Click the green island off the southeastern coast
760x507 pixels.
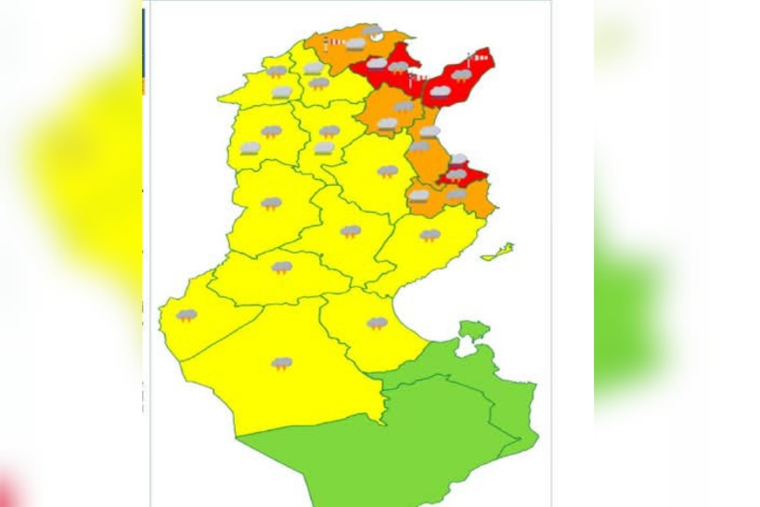(x=472, y=330)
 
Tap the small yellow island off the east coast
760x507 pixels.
(x=498, y=250)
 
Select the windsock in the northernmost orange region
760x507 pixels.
(x=331, y=43)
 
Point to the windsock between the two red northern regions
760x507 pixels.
(x=412, y=82)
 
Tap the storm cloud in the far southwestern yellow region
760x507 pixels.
(x=187, y=316)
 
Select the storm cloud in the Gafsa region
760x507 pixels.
(x=281, y=268)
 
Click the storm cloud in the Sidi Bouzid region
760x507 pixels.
(x=350, y=231)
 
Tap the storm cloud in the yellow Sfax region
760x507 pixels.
(x=430, y=235)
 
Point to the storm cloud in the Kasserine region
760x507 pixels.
(x=271, y=202)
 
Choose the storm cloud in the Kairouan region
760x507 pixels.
(x=388, y=171)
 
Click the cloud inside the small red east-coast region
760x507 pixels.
(x=457, y=174)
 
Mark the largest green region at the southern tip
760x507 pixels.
(x=408, y=455)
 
